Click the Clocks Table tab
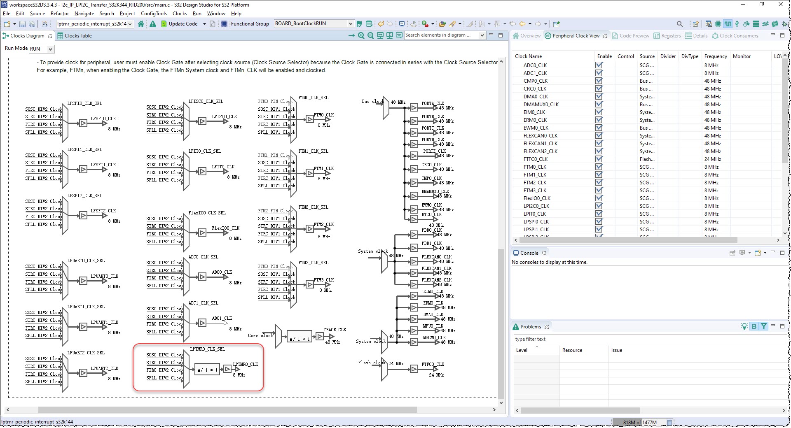point(77,36)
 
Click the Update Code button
point(183,24)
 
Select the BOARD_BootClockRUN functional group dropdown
point(314,23)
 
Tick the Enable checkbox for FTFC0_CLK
point(599,159)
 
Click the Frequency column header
point(715,56)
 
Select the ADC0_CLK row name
point(535,65)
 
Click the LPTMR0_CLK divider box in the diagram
point(207,370)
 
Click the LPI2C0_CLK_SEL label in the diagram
point(206,101)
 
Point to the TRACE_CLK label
point(335,330)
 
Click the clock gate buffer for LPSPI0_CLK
point(83,123)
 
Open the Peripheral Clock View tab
point(576,36)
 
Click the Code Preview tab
point(634,36)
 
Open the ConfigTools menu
point(154,14)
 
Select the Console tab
point(529,253)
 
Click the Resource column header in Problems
point(572,350)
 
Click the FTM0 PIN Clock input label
point(275,101)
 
